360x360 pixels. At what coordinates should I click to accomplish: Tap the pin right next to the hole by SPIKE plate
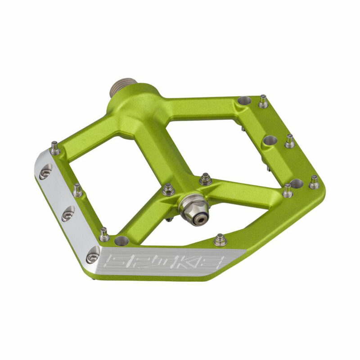click(x=104, y=234)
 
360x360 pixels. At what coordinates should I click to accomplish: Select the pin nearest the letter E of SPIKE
click(x=220, y=239)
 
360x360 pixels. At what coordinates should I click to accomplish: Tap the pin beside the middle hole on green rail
click(x=290, y=141)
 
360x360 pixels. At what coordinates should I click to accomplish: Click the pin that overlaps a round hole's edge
click(x=288, y=191)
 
